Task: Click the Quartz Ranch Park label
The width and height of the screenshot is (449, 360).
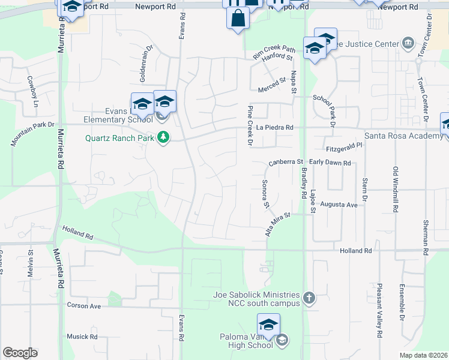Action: [x=119, y=137]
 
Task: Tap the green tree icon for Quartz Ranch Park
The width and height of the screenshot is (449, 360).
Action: [x=163, y=137]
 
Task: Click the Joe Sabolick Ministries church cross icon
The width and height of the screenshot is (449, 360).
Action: [x=309, y=298]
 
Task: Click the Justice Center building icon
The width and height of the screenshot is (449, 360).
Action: [x=408, y=43]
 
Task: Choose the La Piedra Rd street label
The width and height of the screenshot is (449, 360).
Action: [x=274, y=128]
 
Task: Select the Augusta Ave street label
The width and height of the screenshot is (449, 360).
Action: [x=339, y=205]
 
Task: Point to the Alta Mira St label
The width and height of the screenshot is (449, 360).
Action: [x=278, y=223]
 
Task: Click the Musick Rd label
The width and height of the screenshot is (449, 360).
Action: [x=82, y=337]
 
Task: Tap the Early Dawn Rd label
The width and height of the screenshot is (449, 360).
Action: [x=330, y=163]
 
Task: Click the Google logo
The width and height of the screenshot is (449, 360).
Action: [x=20, y=353]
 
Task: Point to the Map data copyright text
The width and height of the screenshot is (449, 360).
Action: [x=424, y=355]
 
